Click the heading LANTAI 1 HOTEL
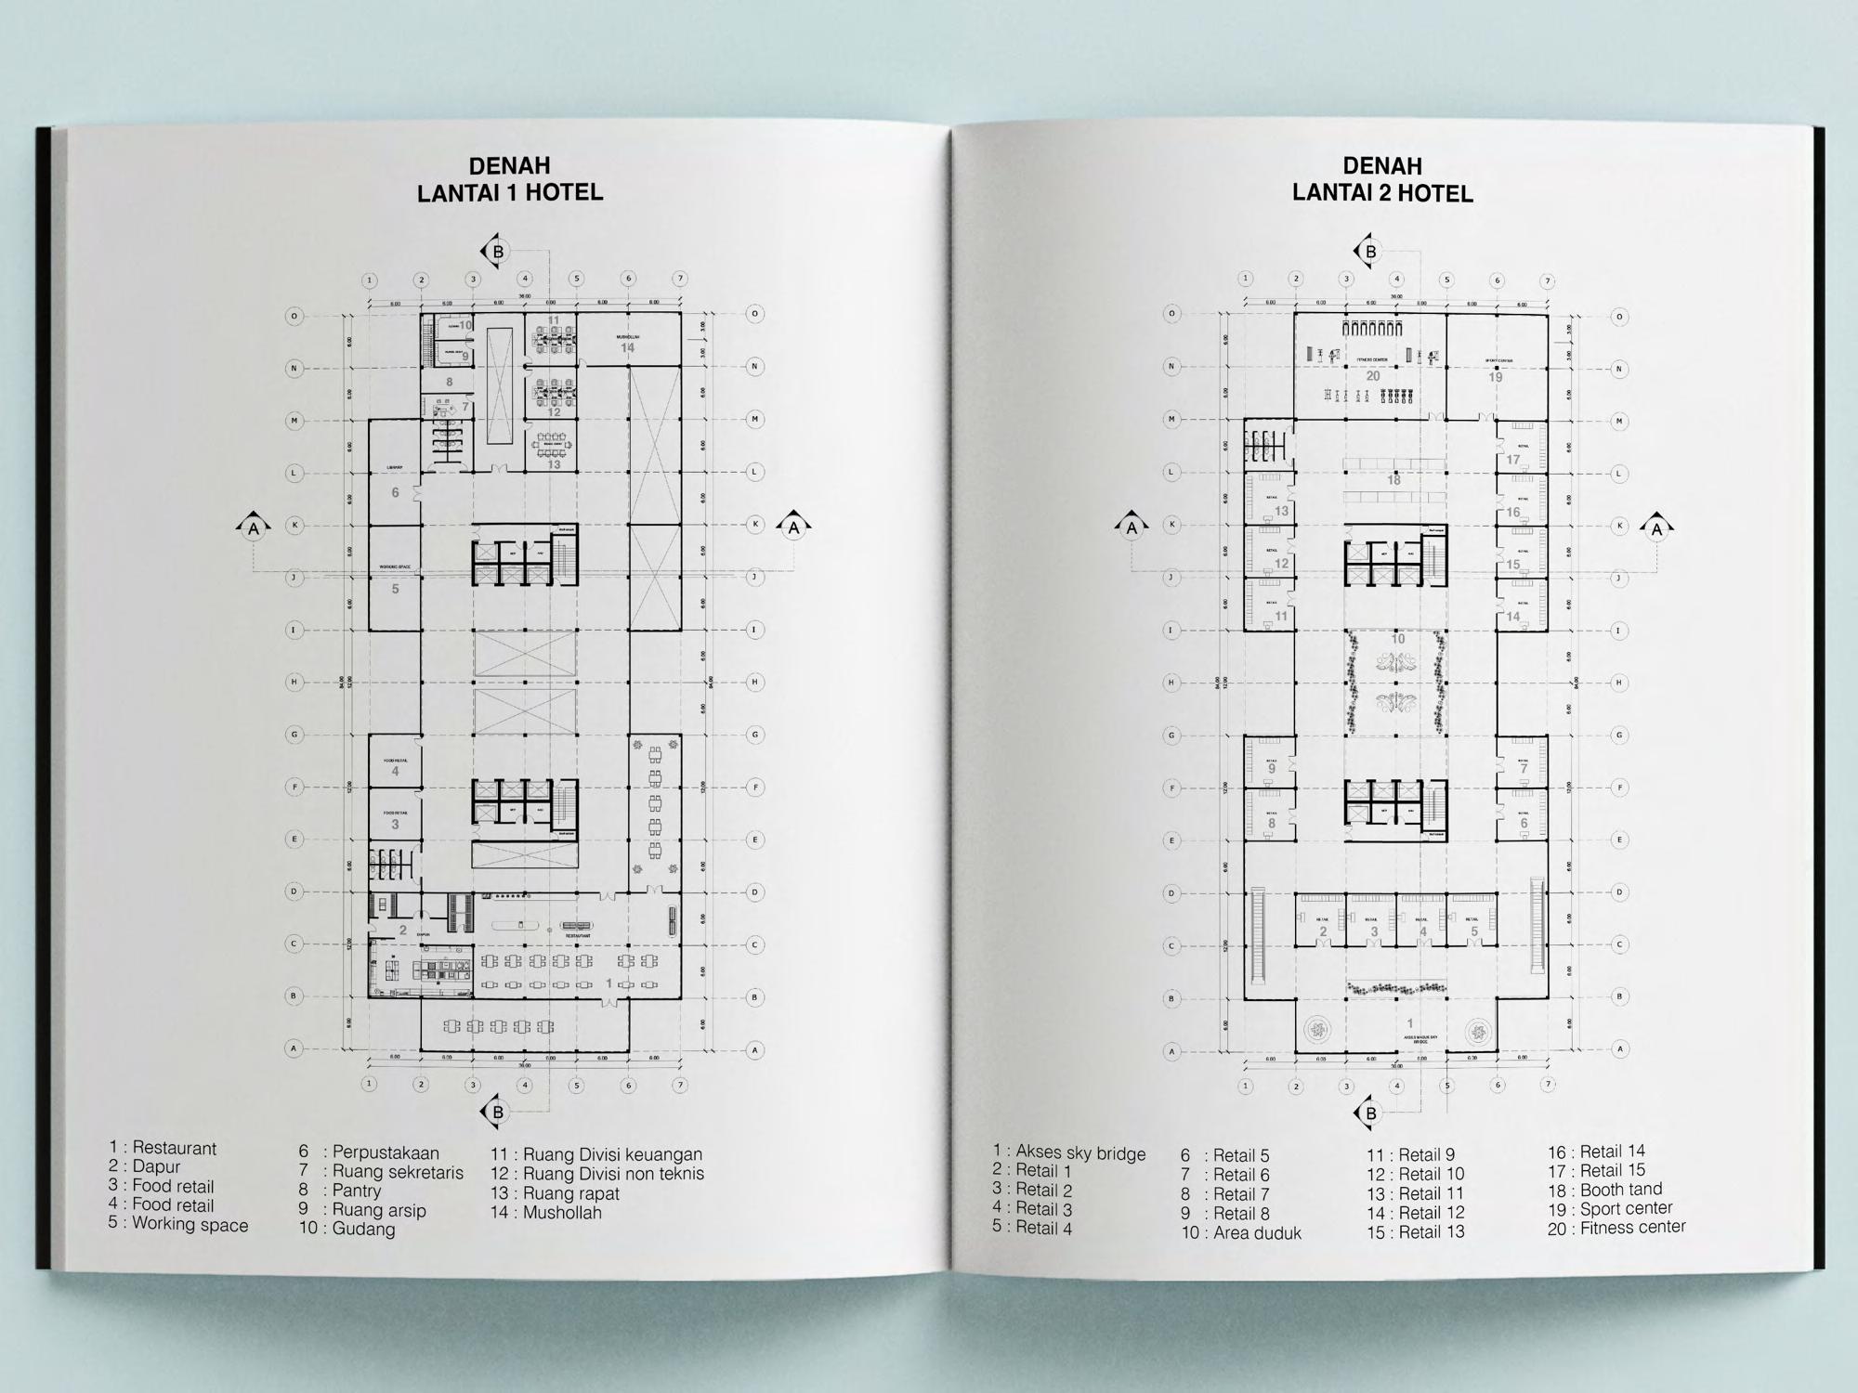[x=510, y=192]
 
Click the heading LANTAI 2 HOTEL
[x=1382, y=193]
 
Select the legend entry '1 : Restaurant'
[x=163, y=1148]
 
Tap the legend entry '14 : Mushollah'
[x=546, y=1212]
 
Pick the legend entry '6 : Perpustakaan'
[x=369, y=1153]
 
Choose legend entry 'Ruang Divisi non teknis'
[x=597, y=1174]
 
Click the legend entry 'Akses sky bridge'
[x=1069, y=1153]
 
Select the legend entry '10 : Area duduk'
[x=1241, y=1233]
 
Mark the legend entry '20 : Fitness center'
[x=1616, y=1228]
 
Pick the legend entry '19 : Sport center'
[x=1610, y=1208]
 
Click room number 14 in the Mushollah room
[x=628, y=348]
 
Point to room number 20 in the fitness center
[x=1372, y=376]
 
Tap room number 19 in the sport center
[x=1496, y=377]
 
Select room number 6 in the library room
[x=395, y=492]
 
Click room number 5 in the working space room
[x=395, y=589]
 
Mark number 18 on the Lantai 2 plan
[x=1393, y=480]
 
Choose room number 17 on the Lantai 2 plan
[x=1513, y=460]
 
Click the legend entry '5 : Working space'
[x=178, y=1224]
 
